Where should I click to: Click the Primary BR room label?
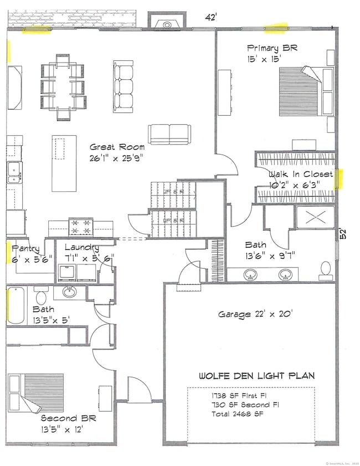(272, 48)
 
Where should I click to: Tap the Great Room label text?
(118, 147)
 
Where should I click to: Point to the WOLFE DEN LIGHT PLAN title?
(257, 376)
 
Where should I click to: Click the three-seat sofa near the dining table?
(124, 86)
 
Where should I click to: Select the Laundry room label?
(81, 248)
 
